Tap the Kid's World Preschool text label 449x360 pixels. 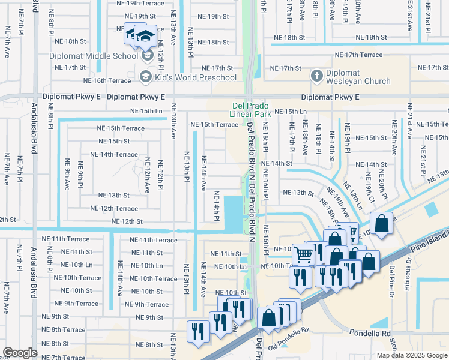click(195, 77)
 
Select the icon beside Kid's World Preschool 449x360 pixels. click(145, 77)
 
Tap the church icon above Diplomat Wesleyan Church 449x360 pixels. click(317, 76)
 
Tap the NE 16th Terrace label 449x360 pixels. click(107, 80)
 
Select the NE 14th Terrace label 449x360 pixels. click(114, 154)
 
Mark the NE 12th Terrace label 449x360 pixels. click(114, 208)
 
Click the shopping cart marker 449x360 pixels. click(303, 254)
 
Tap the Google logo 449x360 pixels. click(20, 352)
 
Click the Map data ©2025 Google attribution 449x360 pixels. click(411, 355)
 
